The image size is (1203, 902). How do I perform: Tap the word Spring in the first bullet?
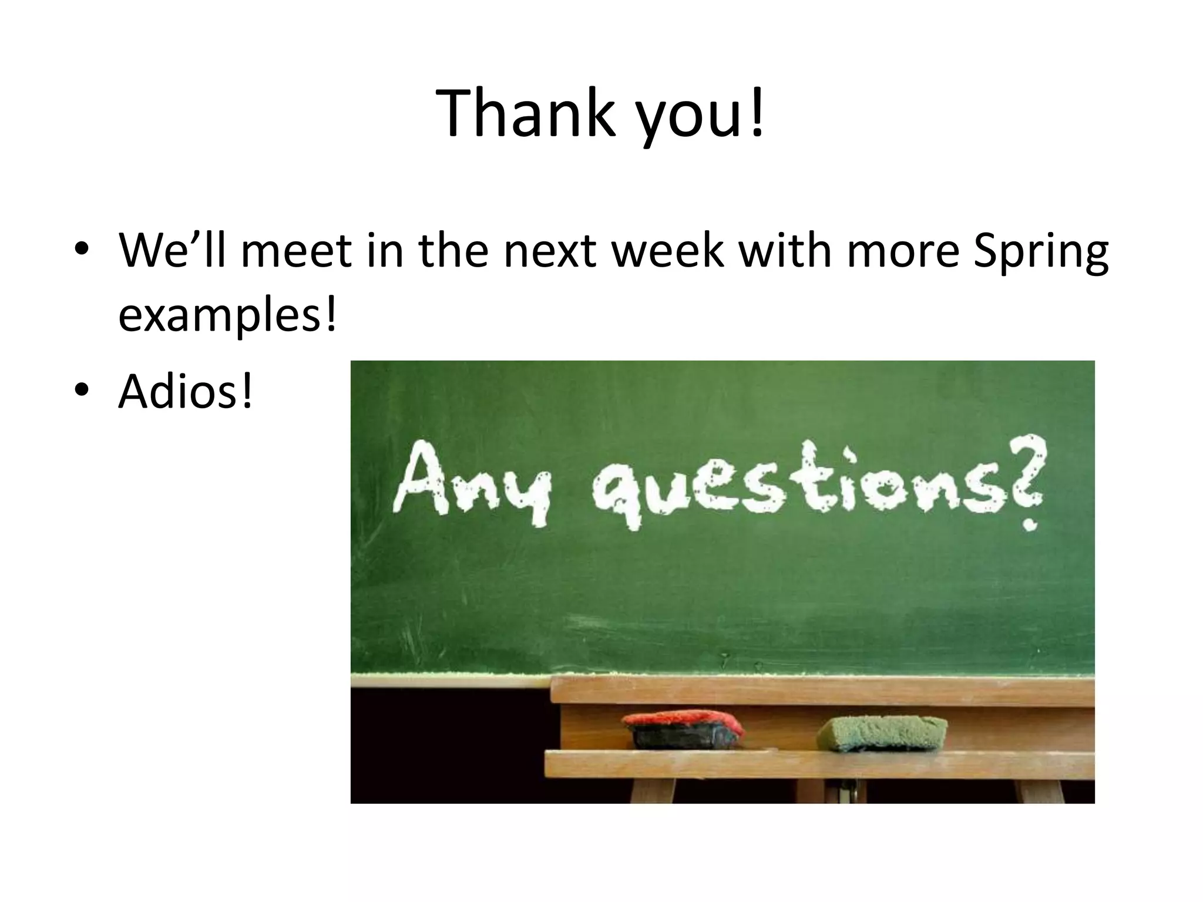[x=1040, y=251]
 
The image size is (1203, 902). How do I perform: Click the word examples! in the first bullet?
[x=228, y=315]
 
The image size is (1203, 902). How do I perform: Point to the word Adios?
[x=186, y=391]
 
